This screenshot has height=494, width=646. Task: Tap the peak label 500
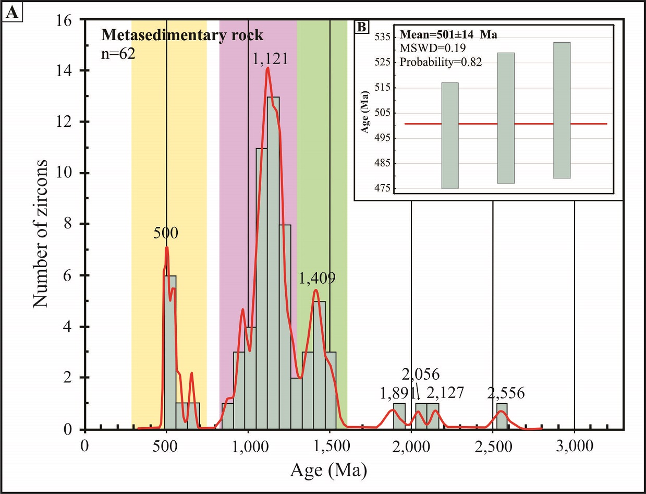(166, 233)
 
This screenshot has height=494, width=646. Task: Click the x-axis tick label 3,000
(574, 446)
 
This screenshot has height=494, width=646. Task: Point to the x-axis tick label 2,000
(411, 446)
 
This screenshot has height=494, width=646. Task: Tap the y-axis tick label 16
(69, 20)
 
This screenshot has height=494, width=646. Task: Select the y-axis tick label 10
(69, 173)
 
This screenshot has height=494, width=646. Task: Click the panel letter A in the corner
(12, 14)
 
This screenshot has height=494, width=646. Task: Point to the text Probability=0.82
(441, 62)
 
